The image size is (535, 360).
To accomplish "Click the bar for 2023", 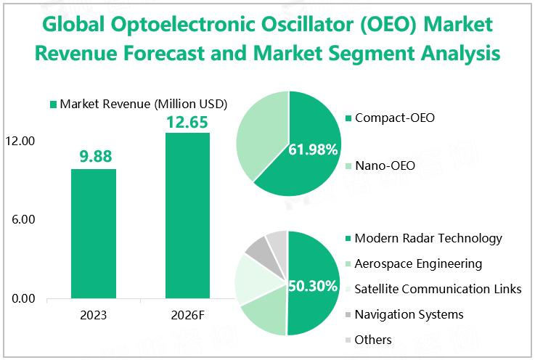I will point(94,233).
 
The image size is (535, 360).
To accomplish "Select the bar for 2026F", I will point(187,215).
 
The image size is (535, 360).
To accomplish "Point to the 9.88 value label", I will point(94,156).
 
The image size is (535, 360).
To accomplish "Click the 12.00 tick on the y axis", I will point(21,141).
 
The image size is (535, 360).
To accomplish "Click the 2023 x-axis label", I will point(94,316).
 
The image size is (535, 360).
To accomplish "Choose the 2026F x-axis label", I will point(187,316).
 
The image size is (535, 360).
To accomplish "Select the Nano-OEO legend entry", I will point(384,166).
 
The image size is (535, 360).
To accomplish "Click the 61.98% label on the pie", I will point(314,150).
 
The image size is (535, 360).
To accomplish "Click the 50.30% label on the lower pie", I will point(314,286).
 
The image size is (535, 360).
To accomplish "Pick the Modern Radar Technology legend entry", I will point(428,238).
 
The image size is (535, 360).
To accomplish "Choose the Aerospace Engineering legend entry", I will point(417,263).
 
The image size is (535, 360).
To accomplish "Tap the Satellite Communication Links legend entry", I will point(437,289).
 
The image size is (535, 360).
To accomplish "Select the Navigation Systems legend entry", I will point(409,314).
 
